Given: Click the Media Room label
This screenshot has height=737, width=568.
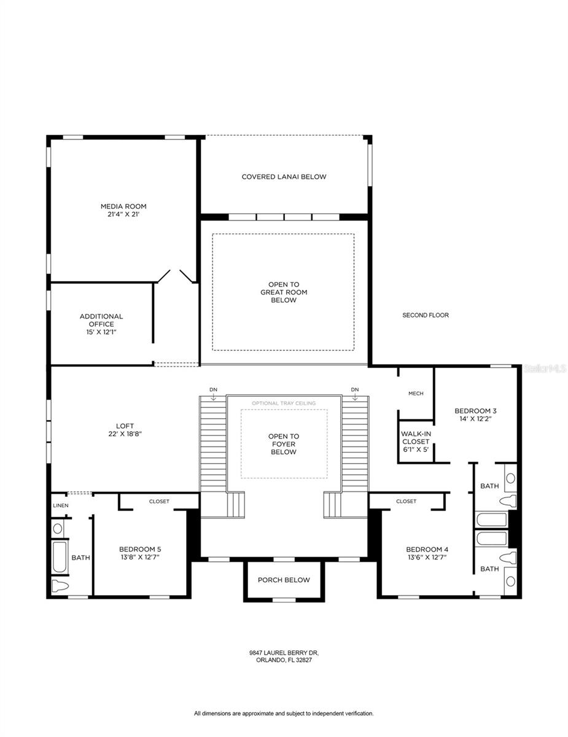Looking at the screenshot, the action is pyautogui.click(x=123, y=206).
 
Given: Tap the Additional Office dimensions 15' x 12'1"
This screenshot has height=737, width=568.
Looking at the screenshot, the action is pyautogui.click(x=101, y=332).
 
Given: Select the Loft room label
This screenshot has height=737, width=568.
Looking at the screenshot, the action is pyautogui.click(x=125, y=426).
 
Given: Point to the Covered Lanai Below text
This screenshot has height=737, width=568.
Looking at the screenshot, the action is pyautogui.click(x=284, y=177).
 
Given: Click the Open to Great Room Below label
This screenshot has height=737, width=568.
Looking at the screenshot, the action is pyautogui.click(x=284, y=292).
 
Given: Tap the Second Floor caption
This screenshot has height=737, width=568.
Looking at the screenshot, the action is pyautogui.click(x=426, y=315).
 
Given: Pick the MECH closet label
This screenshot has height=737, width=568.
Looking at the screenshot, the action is pyautogui.click(x=416, y=394).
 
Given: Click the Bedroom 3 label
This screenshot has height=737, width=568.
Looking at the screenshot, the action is pyautogui.click(x=475, y=411).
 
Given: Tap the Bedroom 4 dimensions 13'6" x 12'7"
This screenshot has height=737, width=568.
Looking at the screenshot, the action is pyautogui.click(x=427, y=557).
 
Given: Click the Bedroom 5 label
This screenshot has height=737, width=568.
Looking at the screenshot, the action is pyautogui.click(x=140, y=549).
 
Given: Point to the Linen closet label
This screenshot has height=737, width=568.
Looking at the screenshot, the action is pyautogui.click(x=61, y=505).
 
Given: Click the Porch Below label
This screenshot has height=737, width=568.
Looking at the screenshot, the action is pyautogui.click(x=284, y=580).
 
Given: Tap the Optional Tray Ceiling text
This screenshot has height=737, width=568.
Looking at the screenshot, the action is pyautogui.click(x=284, y=404).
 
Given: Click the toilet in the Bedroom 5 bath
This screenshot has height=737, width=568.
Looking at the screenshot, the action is pyautogui.click(x=60, y=585).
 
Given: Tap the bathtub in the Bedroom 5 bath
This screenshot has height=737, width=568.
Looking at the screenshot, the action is pyautogui.click(x=60, y=557).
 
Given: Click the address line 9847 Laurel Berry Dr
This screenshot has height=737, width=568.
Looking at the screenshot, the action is pyautogui.click(x=284, y=653).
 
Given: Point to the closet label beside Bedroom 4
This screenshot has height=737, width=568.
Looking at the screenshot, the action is pyautogui.click(x=406, y=501).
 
